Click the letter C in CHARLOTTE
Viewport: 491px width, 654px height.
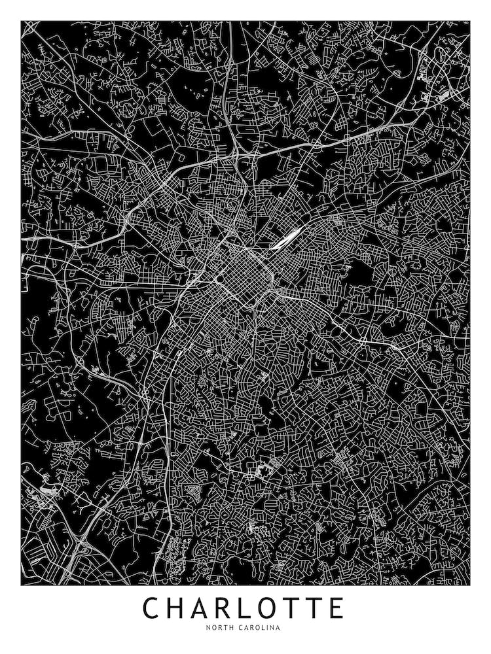point(153,608)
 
